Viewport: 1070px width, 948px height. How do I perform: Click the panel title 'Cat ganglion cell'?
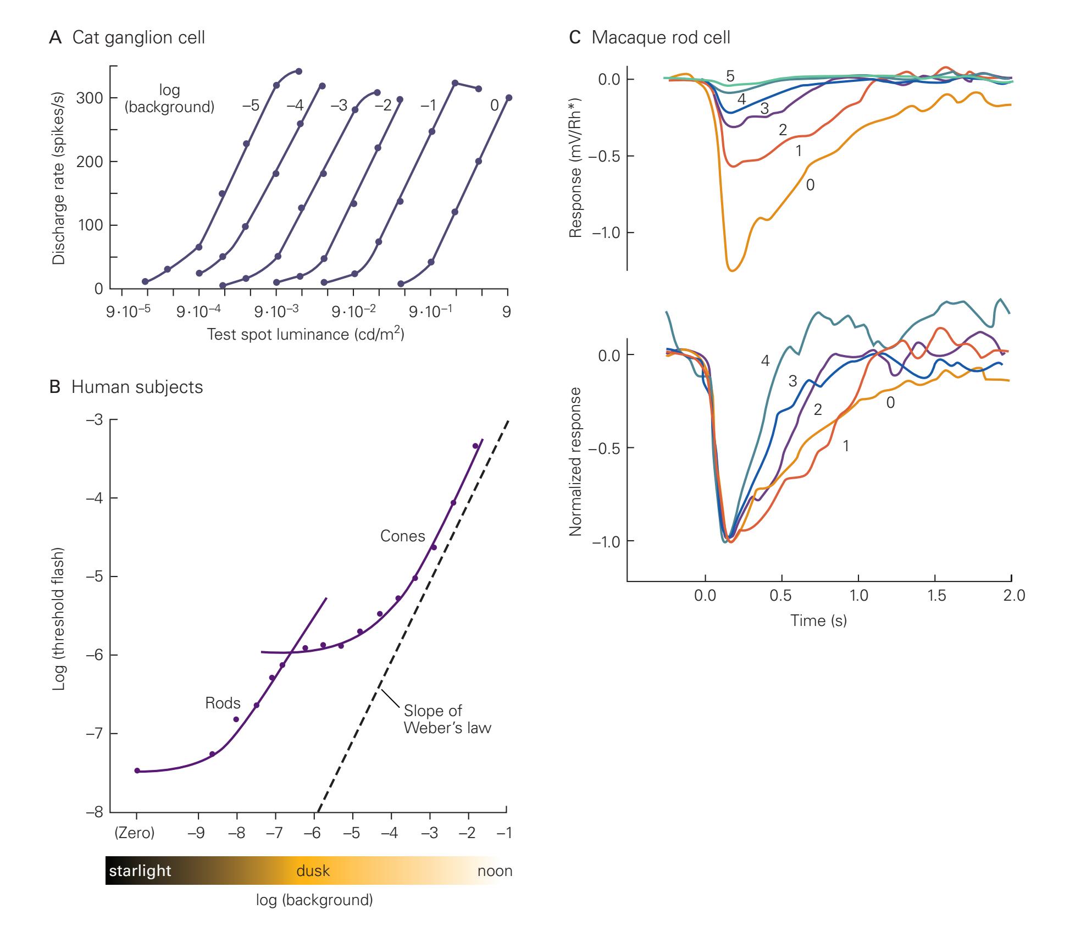[138, 38]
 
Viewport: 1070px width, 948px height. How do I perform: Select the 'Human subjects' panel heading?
[137, 387]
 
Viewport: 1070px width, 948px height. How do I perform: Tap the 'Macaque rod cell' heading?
[661, 38]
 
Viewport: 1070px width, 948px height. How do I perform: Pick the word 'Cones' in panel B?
[402, 536]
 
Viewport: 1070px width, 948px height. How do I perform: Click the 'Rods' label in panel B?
[223, 703]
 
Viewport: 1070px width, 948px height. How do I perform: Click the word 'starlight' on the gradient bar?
[140, 871]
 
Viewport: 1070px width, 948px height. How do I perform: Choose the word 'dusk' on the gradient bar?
[313, 871]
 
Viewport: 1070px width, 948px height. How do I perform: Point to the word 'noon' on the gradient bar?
[495, 871]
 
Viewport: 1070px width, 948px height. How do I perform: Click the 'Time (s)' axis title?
[818, 620]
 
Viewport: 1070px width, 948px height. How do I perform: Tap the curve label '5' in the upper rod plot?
[730, 76]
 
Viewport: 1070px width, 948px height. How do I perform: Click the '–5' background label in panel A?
[251, 106]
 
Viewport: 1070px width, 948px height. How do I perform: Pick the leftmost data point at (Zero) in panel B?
[137, 770]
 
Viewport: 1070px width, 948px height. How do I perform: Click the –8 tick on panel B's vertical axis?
[95, 812]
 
